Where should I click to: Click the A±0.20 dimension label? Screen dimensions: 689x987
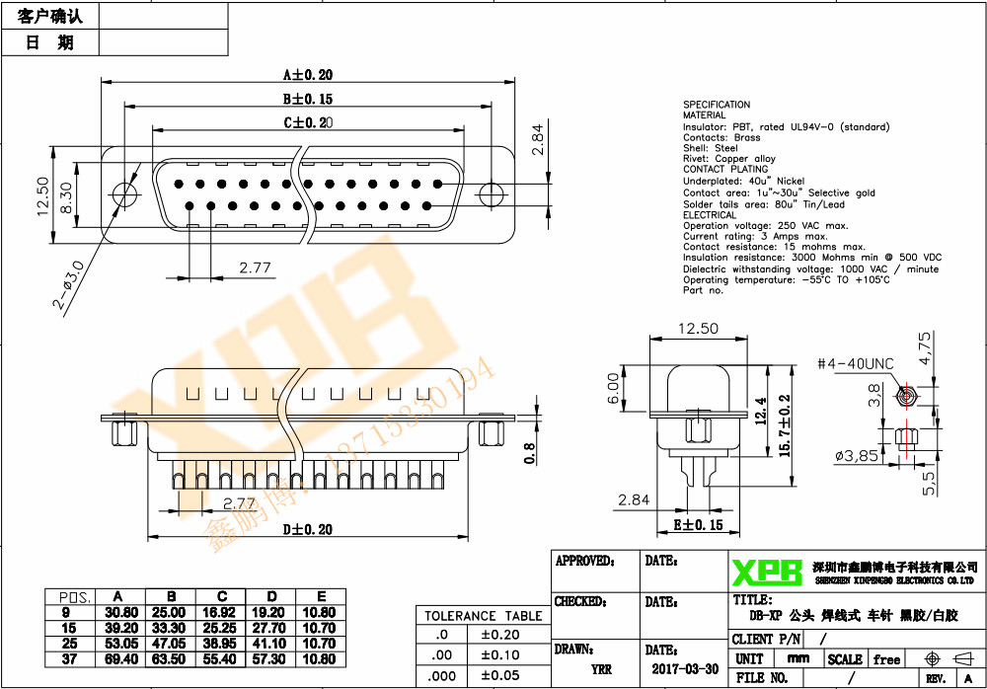308,74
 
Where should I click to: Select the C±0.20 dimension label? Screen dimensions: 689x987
308,123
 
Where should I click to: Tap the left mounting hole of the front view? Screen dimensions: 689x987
124,193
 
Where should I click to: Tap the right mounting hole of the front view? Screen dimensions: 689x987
491,194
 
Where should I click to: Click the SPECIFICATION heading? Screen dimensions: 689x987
717,105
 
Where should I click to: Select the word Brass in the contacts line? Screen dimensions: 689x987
747,138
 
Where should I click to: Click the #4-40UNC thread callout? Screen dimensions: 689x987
855,364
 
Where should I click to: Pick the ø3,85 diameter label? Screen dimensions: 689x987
856,456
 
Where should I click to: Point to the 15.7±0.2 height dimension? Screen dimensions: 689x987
785,424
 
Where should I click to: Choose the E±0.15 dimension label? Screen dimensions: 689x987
697,524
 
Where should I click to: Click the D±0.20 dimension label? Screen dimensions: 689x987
307,530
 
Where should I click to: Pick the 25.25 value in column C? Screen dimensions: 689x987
222,628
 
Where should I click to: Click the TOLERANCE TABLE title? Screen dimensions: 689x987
484,616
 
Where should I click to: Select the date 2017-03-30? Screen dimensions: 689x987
685,668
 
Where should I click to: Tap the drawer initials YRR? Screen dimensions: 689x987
601,668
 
